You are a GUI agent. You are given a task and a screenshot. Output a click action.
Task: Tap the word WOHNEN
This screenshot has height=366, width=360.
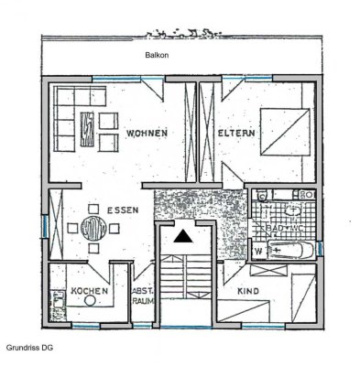pyautogui.click(x=147, y=134)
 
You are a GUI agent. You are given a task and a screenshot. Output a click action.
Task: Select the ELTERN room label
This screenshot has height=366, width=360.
pyautogui.click(x=236, y=134)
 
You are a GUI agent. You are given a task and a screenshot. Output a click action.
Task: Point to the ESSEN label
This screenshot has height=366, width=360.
pyautogui.click(x=122, y=210)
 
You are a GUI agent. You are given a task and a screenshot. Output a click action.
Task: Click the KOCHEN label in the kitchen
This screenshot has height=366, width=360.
pyautogui.click(x=90, y=291)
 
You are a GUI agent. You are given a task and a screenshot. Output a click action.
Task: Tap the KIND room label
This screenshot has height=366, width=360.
pyautogui.click(x=250, y=291)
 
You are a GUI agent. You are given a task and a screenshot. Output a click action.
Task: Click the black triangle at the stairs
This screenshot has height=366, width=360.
pyautogui.click(x=184, y=235)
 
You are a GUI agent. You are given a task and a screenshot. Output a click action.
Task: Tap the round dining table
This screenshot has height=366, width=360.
pyautogui.click(x=93, y=227)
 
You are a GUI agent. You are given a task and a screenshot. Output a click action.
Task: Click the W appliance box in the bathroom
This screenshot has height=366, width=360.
pyautogui.click(x=258, y=249)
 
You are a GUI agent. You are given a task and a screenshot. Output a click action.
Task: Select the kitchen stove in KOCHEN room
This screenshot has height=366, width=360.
pyautogui.click(x=58, y=297)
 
